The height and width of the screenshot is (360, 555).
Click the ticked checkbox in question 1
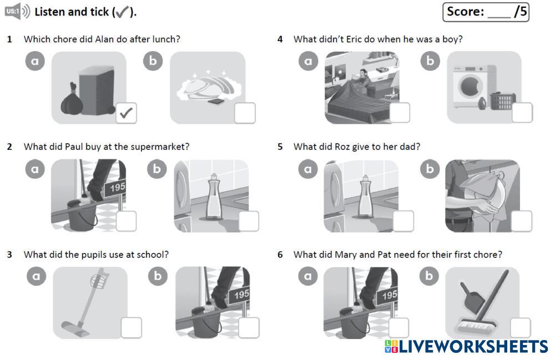(126, 113)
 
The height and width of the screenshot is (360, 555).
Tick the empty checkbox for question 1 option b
(245, 113)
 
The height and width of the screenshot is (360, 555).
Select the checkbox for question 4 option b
(521, 113)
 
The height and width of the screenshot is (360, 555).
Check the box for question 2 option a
(126, 221)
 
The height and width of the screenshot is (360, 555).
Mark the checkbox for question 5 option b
(521, 221)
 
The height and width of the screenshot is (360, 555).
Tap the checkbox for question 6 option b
(520, 328)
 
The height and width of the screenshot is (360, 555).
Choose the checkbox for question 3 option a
(131, 328)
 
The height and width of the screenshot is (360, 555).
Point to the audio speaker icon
(18, 12)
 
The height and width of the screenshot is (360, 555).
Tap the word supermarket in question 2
(159, 147)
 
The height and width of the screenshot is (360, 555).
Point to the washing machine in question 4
(469, 85)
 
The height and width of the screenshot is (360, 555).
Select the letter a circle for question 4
(308, 62)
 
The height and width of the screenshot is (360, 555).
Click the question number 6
(280, 255)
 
